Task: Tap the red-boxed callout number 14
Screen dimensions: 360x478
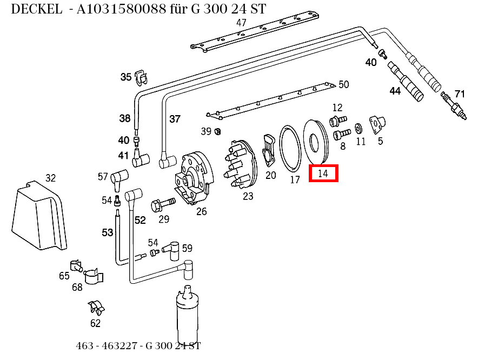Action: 323,174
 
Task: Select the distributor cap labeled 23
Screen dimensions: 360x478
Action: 241,164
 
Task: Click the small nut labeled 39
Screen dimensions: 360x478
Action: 218,131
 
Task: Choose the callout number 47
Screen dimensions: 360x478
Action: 241,23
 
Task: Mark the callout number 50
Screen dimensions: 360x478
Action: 343,84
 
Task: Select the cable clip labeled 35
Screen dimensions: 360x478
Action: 141,77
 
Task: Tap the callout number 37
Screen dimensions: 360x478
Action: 175,119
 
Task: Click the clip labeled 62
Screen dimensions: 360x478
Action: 97,308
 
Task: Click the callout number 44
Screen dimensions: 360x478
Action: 395,91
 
